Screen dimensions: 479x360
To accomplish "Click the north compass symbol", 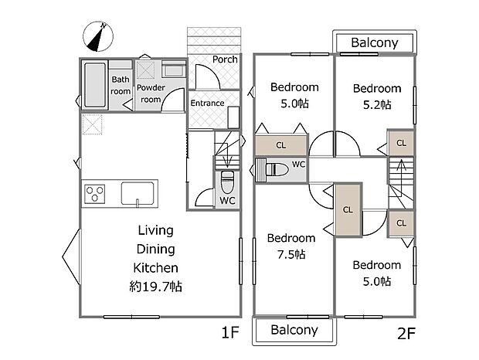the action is point(98,36).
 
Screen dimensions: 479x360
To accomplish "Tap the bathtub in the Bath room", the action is point(95,84).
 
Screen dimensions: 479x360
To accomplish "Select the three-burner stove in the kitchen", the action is point(95,194).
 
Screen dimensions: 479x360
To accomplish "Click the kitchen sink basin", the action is point(138,193).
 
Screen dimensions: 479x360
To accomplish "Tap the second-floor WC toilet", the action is point(277,169).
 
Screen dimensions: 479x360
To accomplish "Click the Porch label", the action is point(225,59).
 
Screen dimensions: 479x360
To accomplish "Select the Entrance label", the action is point(207,103).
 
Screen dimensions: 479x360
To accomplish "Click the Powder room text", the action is point(151,93).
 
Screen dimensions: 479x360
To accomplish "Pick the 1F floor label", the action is point(230,332).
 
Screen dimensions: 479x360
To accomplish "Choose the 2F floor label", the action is point(406,334).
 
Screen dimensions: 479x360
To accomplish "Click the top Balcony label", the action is point(375,42).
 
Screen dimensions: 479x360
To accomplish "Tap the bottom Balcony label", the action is point(294,330).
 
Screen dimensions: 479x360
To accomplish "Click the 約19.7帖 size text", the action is point(156,287).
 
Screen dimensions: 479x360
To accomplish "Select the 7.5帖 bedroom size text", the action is point(291,254).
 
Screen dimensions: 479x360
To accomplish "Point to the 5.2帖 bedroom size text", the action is point(377,105).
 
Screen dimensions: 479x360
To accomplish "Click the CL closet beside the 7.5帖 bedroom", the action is point(348,210).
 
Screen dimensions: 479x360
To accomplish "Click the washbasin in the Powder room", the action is point(174,70).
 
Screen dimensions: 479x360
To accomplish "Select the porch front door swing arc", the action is point(207,76).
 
